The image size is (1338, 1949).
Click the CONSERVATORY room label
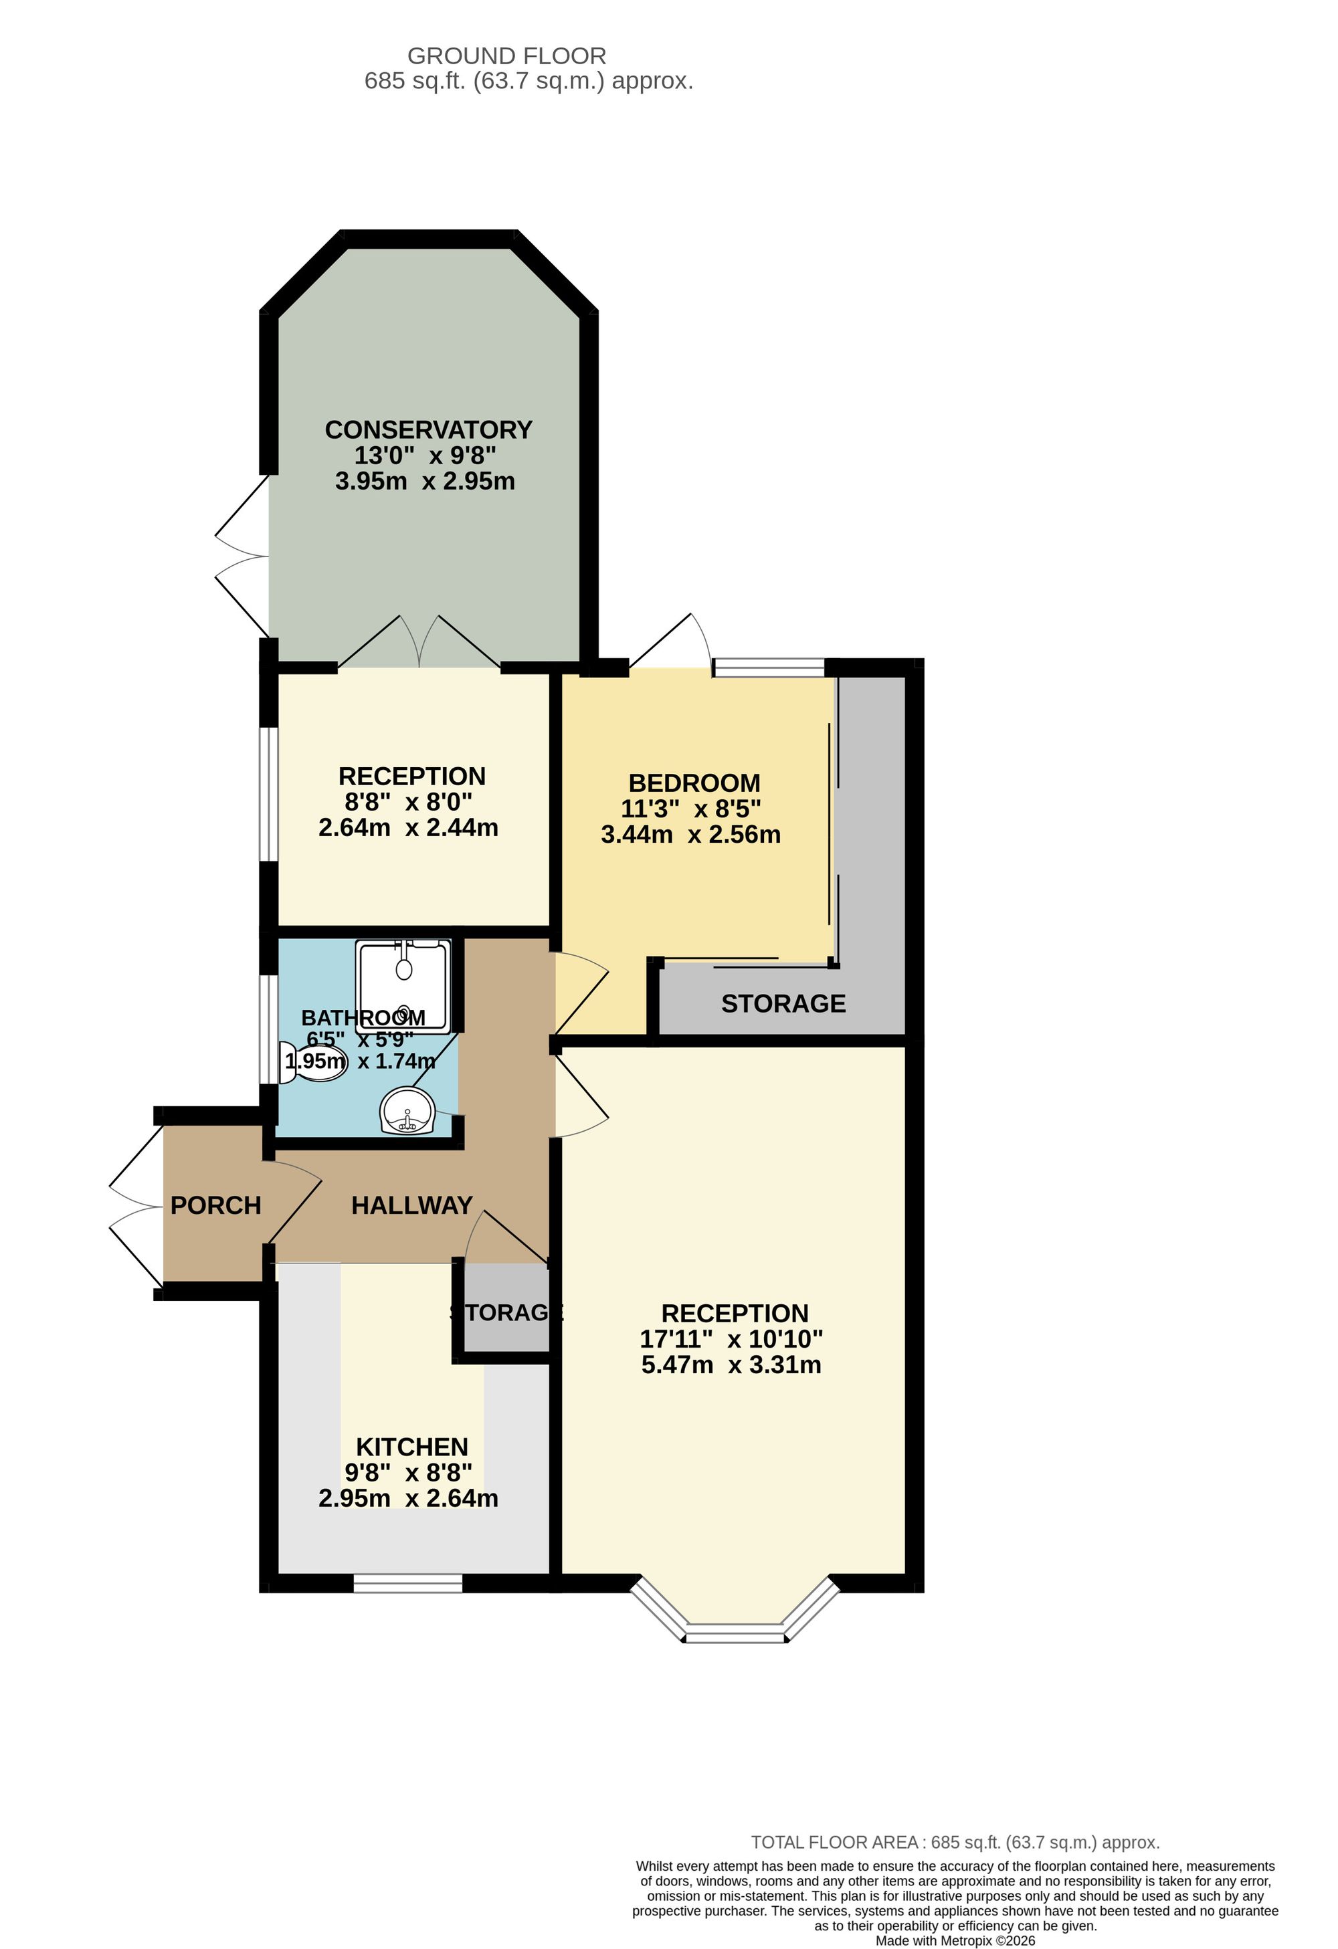pyautogui.click(x=429, y=429)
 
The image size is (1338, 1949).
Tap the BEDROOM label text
pyautogui.click(x=694, y=783)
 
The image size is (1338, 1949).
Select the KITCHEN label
pyautogui.click(x=412, y=1447)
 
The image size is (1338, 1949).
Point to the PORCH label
pyautogui.click(x=215, y=1205)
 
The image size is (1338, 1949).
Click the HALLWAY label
pyautogui.click(x=412, y=1205)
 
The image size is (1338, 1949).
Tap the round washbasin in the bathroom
pyautogui.click(x=407, y=1111)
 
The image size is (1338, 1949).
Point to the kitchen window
pyautogui.click(x=407, y=1582)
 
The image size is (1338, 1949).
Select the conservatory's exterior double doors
pyautogui.click(x=242, y=555)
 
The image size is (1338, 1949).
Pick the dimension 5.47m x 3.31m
pyautogui.click(x=731, y=1364)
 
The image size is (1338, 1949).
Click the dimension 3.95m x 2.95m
pyautogui.click(x=425, y=482)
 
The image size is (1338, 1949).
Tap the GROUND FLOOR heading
pyautogui.click(x=506, y=56)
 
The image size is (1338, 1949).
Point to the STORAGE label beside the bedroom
pyautogui.click(x=783, y=1003)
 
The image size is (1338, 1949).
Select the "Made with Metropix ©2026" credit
pyautogui.click(x=955, y=1940)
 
